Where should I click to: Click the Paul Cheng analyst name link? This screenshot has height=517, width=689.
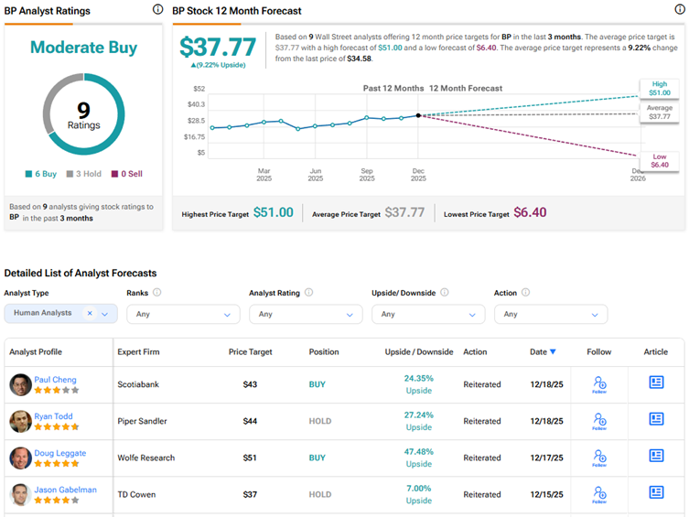point(56,380)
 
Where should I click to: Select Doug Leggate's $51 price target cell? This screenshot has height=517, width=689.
point(249,458)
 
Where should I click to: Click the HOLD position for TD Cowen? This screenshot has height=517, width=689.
point(320,494)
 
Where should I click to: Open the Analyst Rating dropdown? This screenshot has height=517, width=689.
point(300,314)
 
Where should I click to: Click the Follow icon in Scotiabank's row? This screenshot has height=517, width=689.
point(599,384)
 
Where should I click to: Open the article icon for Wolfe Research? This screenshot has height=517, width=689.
point(656,456)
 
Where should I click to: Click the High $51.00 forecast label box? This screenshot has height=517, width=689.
point(660,88)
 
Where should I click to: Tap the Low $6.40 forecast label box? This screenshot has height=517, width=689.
point(660,161)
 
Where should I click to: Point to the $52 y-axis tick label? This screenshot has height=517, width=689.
point(198,89)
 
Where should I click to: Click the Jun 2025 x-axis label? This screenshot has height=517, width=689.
point(315,175)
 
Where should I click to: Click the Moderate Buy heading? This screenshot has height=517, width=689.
point(83,48)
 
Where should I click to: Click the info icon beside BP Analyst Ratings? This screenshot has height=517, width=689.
point(158,9)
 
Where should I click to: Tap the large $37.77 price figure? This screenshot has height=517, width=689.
point(219,48)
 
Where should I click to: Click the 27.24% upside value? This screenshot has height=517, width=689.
point(418,415)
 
